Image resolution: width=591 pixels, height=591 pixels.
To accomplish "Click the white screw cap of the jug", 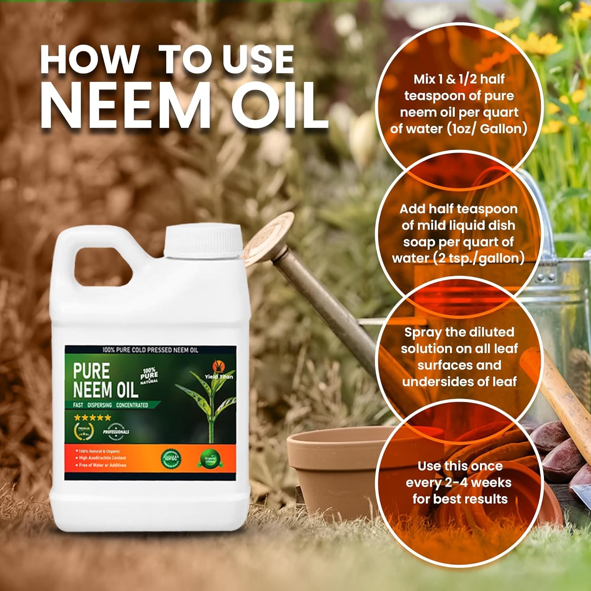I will click(203, 241).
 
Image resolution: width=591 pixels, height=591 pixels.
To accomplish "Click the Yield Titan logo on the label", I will click(219, 370).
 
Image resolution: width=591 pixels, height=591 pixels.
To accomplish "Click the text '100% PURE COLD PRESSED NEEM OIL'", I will click(150, 350).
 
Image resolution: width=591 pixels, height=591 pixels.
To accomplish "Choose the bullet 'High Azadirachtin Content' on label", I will click(102, 458).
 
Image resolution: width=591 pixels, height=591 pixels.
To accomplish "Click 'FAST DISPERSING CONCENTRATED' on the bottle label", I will click(110, 405).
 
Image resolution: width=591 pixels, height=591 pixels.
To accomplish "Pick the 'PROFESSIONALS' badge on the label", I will click(115, 431).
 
